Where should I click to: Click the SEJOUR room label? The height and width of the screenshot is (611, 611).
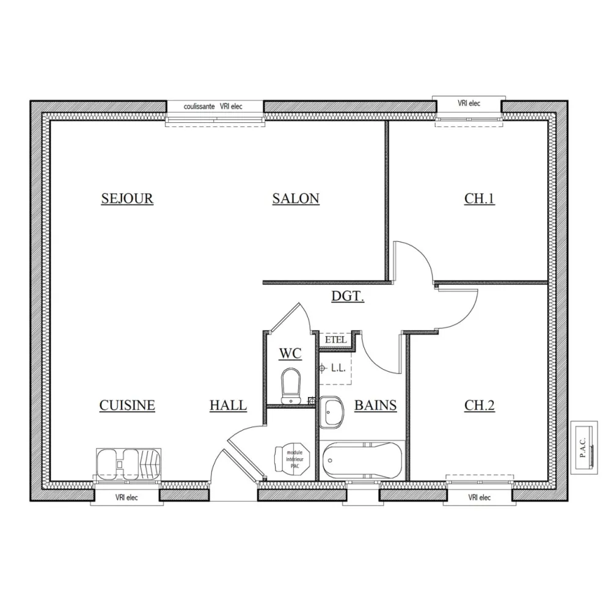coord(127,199)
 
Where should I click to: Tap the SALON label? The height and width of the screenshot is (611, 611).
coord(296,199)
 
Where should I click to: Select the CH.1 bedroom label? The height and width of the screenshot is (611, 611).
coord(480,199)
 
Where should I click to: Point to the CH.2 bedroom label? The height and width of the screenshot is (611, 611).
coord(480,405)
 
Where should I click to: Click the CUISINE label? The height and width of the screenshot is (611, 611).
coord(127,405)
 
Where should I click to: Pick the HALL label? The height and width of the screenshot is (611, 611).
coord(228,405)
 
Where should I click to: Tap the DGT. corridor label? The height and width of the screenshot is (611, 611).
coord(348,297)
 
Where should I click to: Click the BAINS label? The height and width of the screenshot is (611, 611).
coord(376,405)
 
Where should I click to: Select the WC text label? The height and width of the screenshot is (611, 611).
coord(290,354)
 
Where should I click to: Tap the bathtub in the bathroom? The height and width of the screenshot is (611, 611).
coord(363,461)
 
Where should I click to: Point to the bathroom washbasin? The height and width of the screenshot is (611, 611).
coord(332,412)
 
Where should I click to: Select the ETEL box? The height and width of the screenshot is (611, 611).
coord(335,340)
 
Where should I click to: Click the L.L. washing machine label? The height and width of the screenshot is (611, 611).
coord(338,368)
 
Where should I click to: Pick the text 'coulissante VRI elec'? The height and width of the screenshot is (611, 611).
coord(213,106)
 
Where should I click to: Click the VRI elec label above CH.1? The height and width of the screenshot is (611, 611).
coord(469,103)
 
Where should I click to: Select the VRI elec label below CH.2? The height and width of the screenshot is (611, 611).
coord(480,497)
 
